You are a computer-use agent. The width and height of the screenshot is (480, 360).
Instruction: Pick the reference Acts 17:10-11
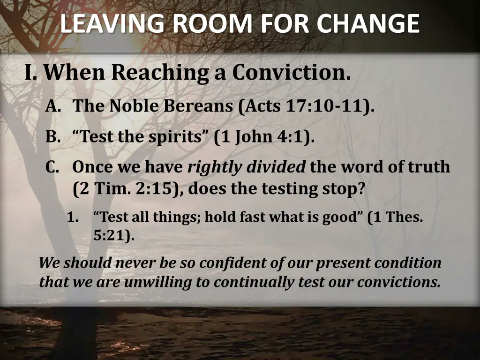pyautogui.click(x=305, y=106)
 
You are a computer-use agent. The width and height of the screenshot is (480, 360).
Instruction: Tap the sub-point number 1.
pyautogui.click(x=72, y=218)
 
